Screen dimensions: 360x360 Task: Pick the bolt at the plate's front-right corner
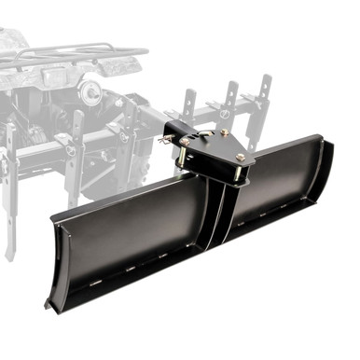(242, 159)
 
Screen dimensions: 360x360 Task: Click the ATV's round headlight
(90, 90)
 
